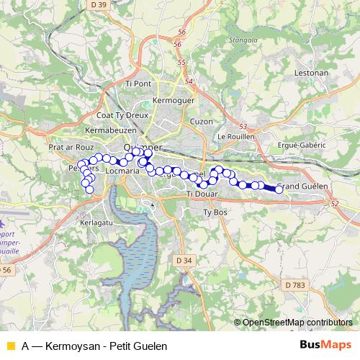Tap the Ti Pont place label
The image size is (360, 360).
coord(138,84)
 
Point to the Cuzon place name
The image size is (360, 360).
coord(202,121)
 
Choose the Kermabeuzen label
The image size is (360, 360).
coord(109,130)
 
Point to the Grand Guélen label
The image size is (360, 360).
coord(302,186)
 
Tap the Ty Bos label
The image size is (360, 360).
coord(215,212)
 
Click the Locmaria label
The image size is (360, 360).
coord(120,173)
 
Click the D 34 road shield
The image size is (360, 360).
coord(184,259)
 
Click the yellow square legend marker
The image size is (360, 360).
coord(10,346)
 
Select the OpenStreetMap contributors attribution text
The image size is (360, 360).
coord(297,323)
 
